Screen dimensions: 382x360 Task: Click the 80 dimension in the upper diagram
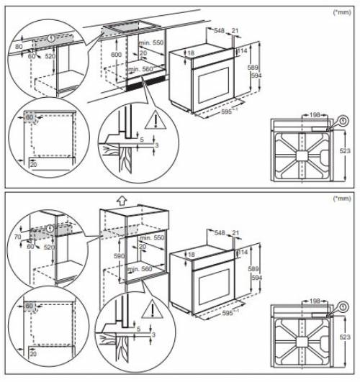(x=19, y=46)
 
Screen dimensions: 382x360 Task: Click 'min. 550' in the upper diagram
(x=153, y=44)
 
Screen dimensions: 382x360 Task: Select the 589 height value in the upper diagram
(x=253, y=67)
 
